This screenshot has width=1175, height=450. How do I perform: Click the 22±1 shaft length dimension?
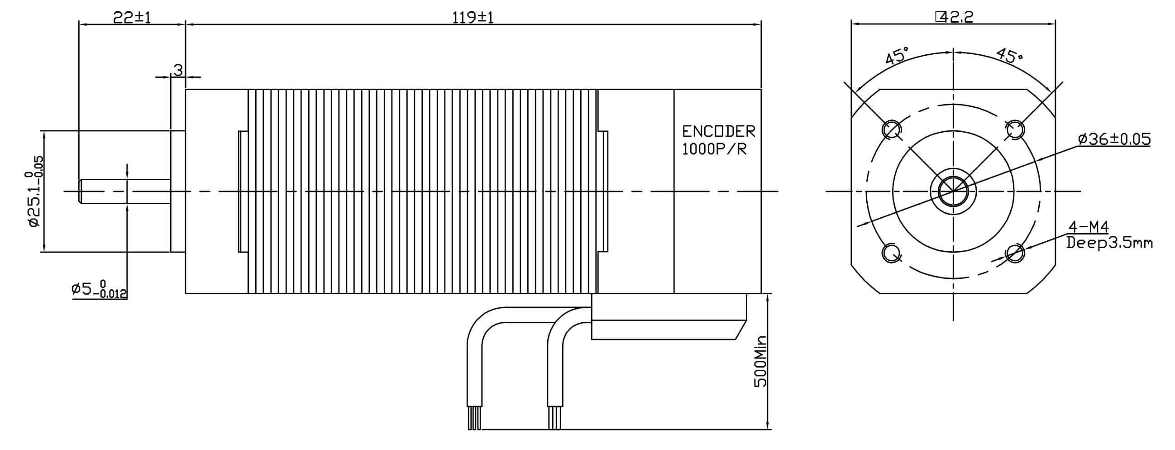(132, 17)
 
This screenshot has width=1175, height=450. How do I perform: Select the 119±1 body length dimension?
(473, 17)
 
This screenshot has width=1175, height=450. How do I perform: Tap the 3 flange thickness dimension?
(178, 70)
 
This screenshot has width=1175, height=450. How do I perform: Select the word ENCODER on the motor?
(718, 131)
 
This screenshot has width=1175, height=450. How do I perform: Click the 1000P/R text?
(714, 149)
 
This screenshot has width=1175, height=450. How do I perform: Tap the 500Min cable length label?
(760, 361)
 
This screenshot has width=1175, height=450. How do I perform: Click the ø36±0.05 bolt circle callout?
(1114, 139)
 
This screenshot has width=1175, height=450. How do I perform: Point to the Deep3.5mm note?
(1109, 243)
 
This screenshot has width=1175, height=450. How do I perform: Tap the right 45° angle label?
(1010, 56)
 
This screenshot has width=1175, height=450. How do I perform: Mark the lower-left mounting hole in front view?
(892, 253)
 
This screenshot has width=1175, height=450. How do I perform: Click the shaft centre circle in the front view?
(953, 191)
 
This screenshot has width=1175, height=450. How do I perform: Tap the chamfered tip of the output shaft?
(81, 191)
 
